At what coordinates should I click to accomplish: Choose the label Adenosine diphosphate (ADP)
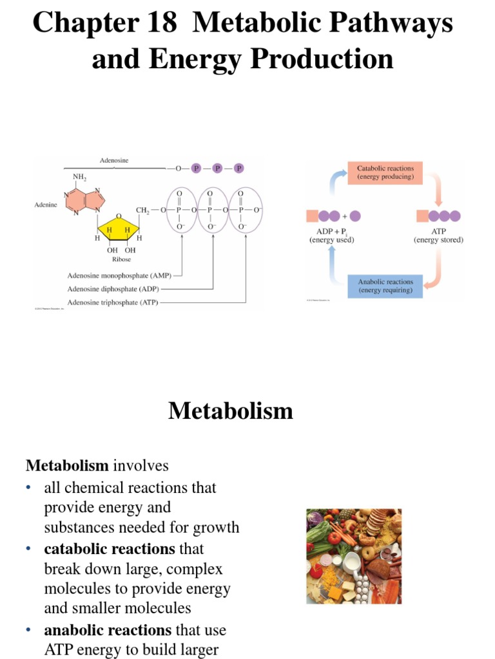pos(114,289)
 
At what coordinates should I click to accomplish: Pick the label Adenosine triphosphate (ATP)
pos(113,302)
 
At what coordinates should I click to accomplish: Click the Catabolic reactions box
pos(385,172)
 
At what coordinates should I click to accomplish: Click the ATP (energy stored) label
pos(438,236)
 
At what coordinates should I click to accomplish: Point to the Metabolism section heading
pos(231,411)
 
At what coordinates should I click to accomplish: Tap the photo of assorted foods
pos(353,556)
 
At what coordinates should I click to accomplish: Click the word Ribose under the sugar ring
pos(121,259)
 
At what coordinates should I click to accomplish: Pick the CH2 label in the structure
pos(143,210)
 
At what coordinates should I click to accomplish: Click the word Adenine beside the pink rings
pos(46,205)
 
